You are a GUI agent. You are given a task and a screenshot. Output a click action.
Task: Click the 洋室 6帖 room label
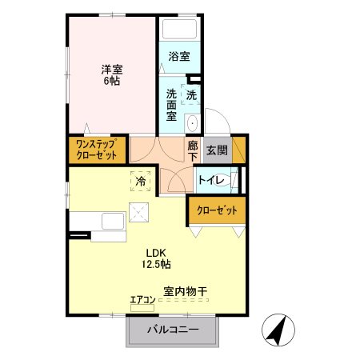110,74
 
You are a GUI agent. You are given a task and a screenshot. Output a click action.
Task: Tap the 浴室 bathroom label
179,57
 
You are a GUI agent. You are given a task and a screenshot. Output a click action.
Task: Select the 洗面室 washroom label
170,104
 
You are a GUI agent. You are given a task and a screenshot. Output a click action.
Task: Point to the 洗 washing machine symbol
191,94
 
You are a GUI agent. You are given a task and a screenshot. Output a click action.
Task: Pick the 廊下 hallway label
193,152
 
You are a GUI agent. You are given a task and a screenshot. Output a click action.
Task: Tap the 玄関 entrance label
216,149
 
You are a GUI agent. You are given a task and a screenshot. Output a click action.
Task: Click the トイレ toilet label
211,181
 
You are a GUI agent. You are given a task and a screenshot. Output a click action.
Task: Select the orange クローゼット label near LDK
217,211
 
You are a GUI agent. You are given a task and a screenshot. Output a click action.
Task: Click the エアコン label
142,300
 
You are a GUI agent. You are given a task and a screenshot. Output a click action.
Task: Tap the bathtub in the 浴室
179,30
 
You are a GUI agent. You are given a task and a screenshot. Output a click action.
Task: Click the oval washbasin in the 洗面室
191,124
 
